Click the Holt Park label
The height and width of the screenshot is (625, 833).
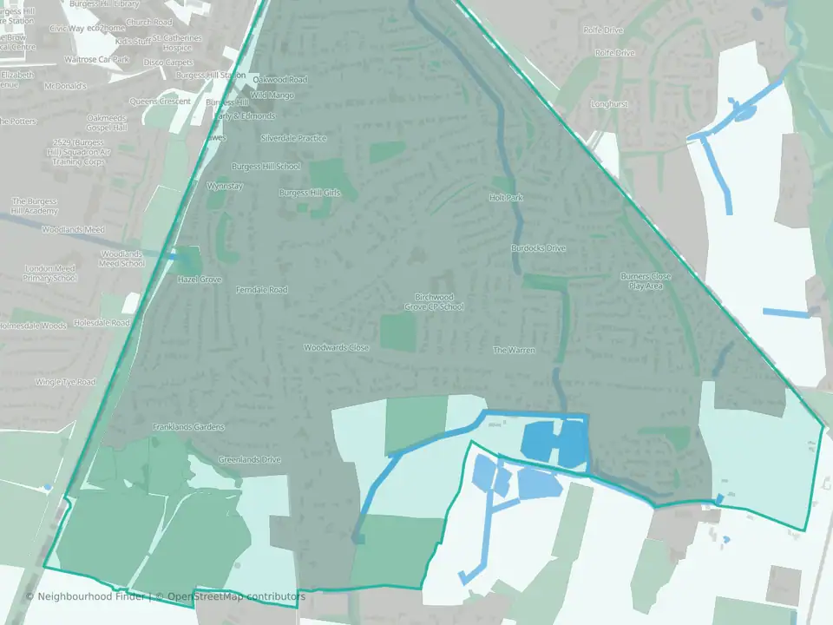coord(506,198)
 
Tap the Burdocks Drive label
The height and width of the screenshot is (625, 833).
coord(538,248)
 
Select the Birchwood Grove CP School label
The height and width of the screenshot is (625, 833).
coord(434,301)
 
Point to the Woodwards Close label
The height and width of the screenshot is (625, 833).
coord(337,347)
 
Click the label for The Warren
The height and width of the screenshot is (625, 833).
coord(514,350)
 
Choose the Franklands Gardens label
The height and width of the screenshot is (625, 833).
coord(188,427)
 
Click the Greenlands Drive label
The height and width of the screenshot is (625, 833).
coord(250,459)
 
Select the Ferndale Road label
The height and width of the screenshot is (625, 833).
coord(261,290)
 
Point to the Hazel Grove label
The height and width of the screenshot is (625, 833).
coord(200,280)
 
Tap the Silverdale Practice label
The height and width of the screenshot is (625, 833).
coord(293,138)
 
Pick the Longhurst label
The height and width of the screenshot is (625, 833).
coord(611,104)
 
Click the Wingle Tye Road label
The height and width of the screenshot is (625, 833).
coord(65,382)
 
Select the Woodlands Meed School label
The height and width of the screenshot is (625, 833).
coord(121,259)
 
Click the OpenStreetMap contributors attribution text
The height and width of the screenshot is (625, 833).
coord(236,596)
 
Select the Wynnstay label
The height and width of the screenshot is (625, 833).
coord(226,186)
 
